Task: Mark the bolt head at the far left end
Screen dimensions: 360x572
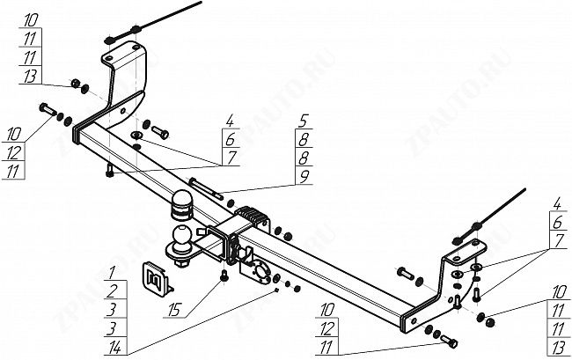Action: click(x=45, y=110)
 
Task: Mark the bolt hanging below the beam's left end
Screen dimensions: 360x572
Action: click(x=108, y=170)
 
